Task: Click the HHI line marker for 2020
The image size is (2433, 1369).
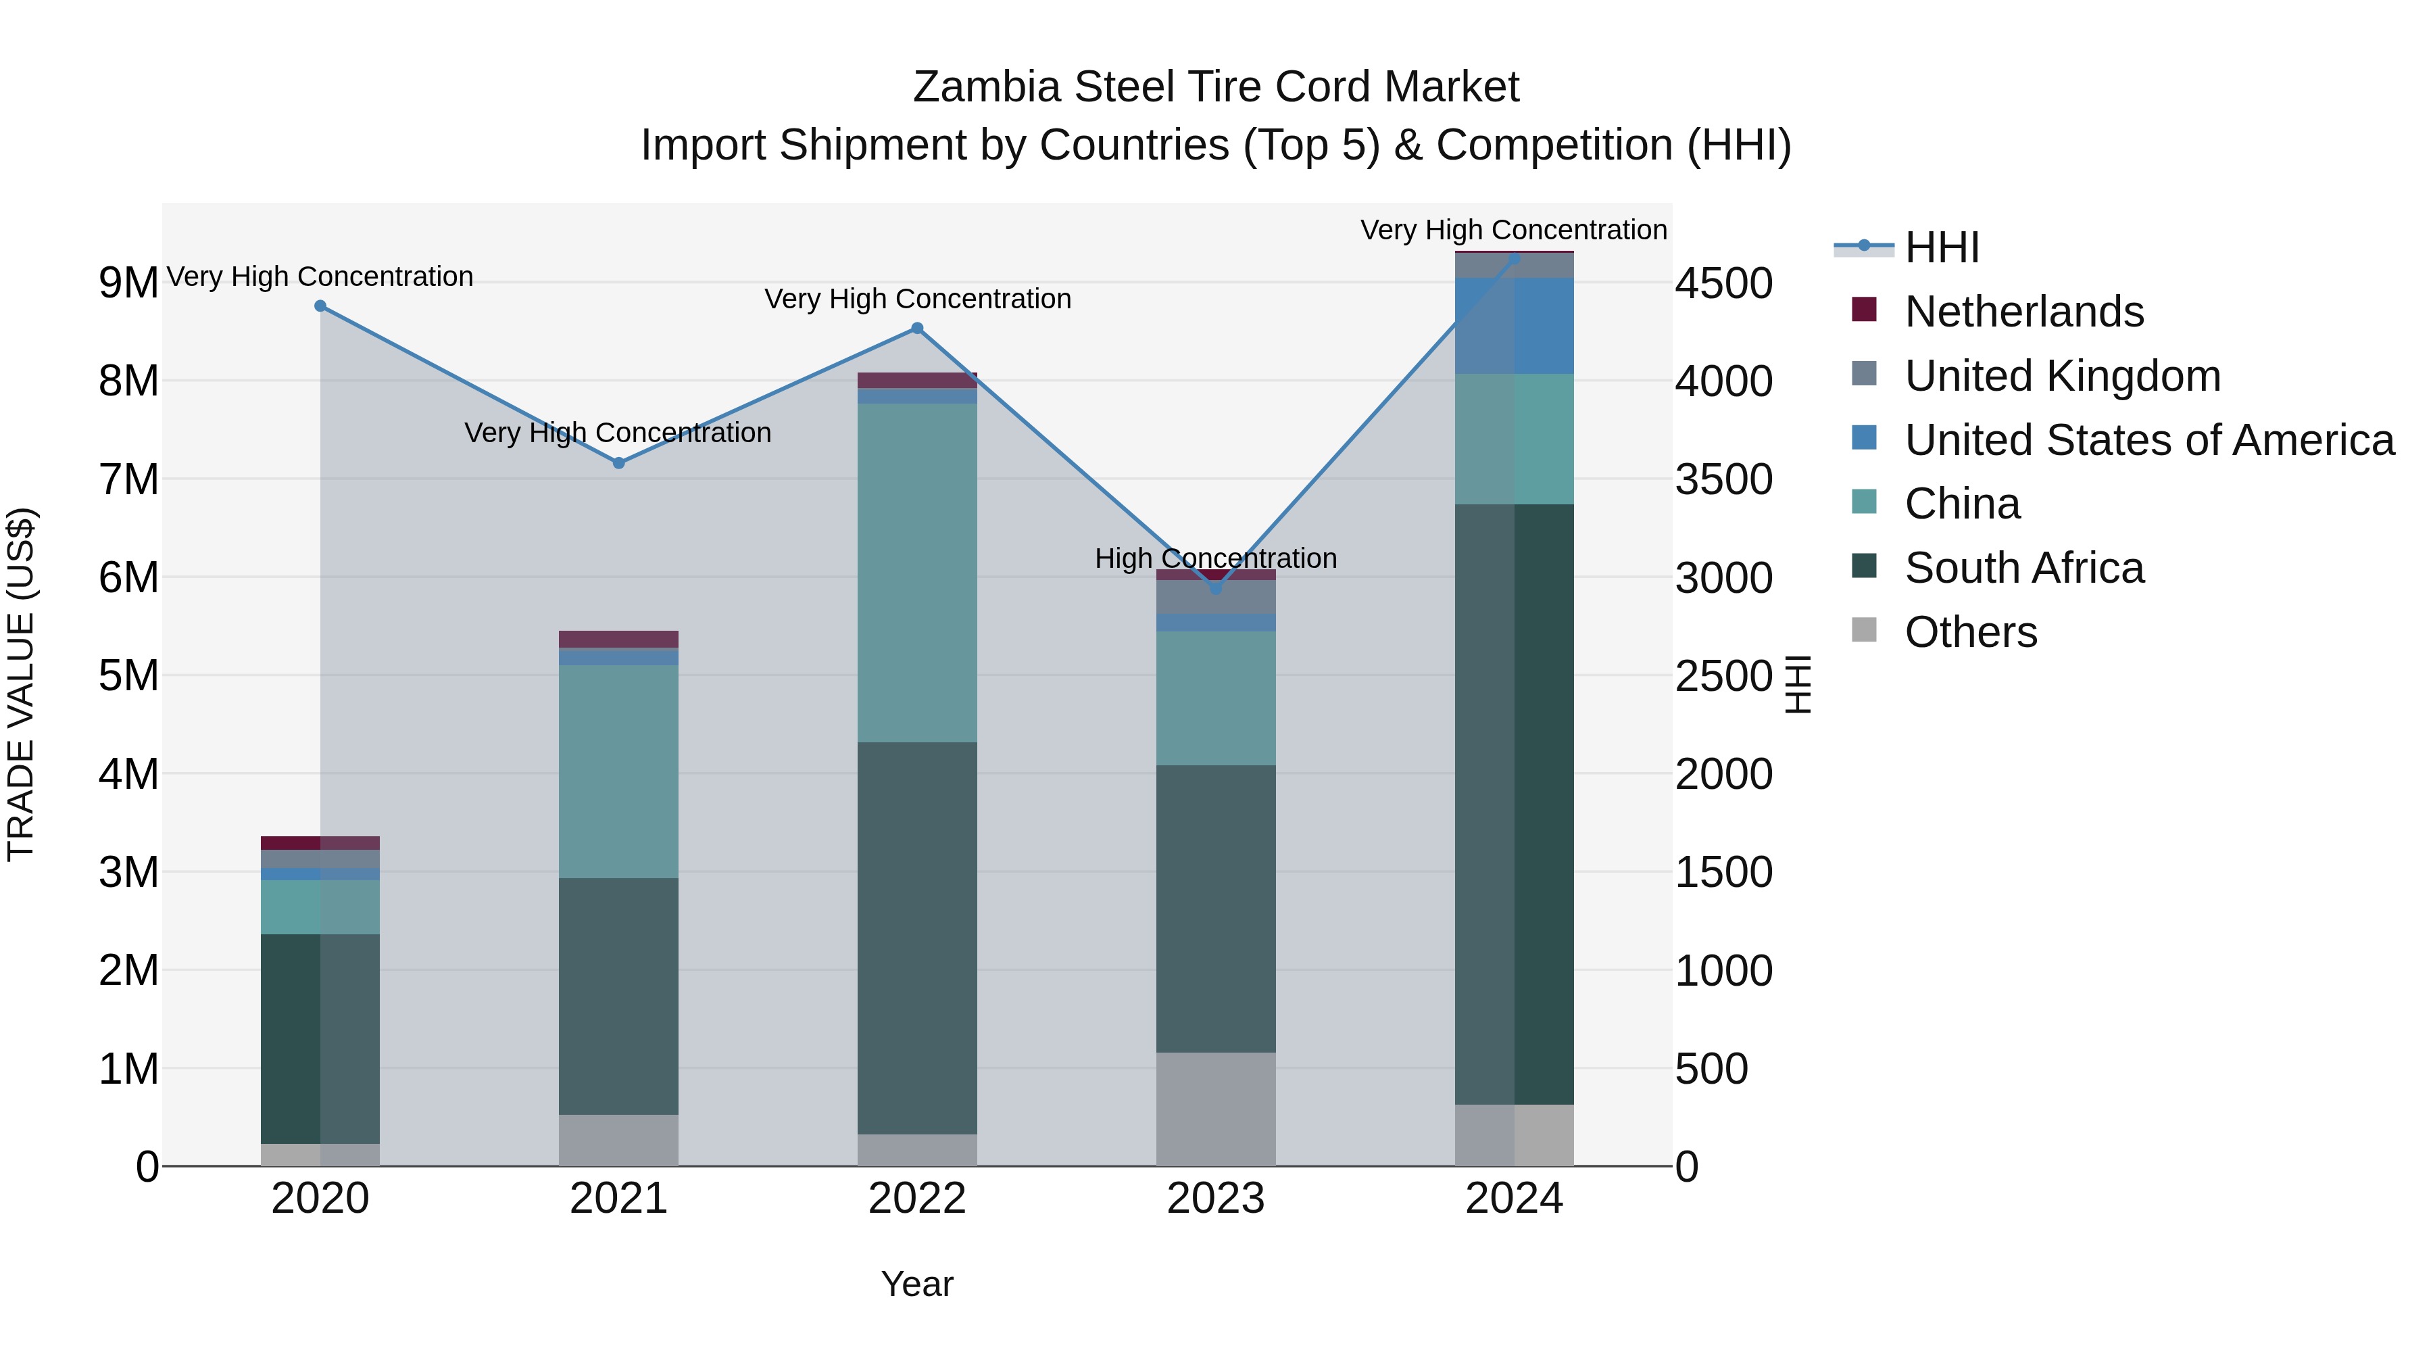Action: [x=320, y=306]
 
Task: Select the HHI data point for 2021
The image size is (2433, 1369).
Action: [x=618, y=463]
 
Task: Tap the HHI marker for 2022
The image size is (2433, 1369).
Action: [x=917, y=329]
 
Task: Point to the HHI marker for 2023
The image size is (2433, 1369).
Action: [x=1216, y=589]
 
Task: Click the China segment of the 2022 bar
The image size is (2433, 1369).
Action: [x=917, y=573]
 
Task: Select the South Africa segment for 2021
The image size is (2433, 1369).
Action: [x=618, y=996]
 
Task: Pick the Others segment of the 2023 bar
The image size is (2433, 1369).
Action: [x=1216, y=1109]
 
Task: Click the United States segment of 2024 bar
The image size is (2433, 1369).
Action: [x=1514, y=326]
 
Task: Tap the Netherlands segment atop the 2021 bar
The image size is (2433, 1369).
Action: [x=618, y=639]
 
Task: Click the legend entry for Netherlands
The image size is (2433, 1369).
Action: [x=2024, y=312]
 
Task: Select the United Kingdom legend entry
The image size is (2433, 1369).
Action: [x=2062, y=376]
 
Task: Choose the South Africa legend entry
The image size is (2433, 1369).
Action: [x=2024, y=569]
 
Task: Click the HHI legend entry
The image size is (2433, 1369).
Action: [x=1941, y=247]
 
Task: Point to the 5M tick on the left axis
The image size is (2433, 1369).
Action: [x=128, y=675]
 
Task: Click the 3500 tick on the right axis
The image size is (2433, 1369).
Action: [x=1723, y=479]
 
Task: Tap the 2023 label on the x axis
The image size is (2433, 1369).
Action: [x=1216, y=1199]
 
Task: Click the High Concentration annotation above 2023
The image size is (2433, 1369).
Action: [x=1216, y=558]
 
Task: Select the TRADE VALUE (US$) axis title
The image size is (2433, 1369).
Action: [x=21, y=684]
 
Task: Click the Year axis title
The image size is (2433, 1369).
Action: [x=917, y=1284]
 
